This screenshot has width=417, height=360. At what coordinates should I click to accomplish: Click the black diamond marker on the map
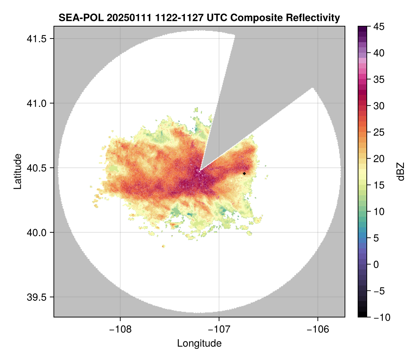(x=244, y=173)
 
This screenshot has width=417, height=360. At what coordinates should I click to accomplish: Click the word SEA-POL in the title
(x=76, y=17)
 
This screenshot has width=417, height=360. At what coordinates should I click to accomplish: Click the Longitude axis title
(x=199, y=343)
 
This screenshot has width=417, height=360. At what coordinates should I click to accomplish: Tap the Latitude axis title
(x=17, y=171)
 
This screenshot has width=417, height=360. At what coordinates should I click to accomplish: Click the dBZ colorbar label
(x=401, y=171)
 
